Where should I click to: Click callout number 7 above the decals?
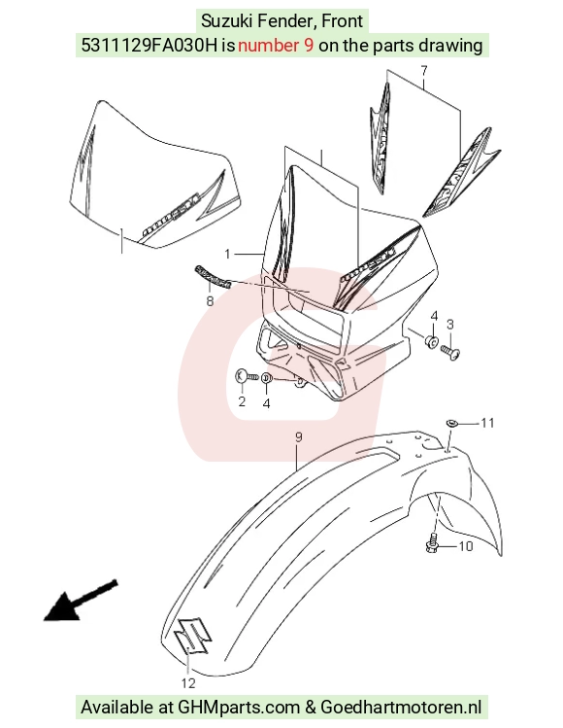click(x=424, y=71)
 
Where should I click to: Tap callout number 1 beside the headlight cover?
click(x=227, y=254)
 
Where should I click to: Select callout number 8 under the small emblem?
click(x=210, y=301)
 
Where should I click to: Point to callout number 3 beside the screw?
click(x=449, y=325)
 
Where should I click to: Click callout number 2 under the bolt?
click(x=242, y=401)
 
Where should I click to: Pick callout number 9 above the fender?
click(x=299, y=436)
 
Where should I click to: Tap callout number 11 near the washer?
click(x=487, y=423)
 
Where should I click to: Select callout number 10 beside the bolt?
click(x=465, y=546)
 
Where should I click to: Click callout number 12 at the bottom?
click(x=188, y=683)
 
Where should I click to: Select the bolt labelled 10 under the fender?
click(x=432, y=543)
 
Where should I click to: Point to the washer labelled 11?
click(x=452, y=423)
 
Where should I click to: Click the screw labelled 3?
click(x=450, y=353)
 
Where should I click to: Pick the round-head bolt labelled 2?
click(x=247, y=376)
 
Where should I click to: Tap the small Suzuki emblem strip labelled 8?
click(x=213, y=277)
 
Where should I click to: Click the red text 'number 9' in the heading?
click(x=276, y=45)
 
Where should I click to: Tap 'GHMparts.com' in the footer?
click(x=239, y=708)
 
